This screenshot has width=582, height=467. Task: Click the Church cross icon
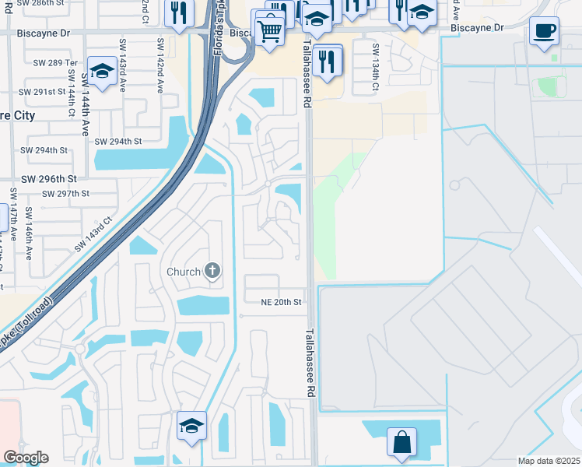point(212,271)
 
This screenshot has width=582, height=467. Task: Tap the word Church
point(184,272)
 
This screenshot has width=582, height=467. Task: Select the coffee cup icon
point(544,32)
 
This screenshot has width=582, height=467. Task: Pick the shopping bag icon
point(403,442)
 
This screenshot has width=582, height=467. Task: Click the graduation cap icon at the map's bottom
point(191,426)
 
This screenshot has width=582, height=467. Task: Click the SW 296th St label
point(48,178)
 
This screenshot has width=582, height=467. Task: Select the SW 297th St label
point(65,193)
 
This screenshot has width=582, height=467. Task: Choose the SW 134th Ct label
point(374,66)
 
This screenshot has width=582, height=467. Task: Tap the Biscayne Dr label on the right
point(478,27)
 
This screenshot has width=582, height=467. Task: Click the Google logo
point(26,458)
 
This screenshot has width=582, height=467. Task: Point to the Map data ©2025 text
point(549,461)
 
